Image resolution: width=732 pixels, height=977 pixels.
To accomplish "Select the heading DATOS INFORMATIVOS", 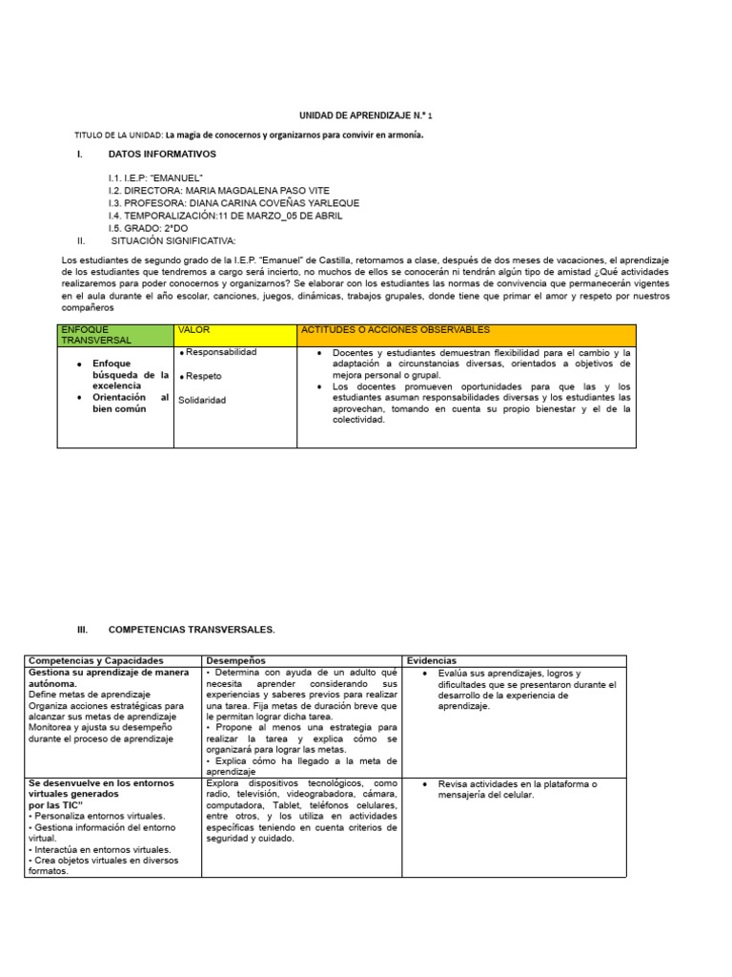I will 162,154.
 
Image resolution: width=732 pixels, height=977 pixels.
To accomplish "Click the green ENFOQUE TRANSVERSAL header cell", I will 114,335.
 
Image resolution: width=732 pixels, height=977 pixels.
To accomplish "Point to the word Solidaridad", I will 202,400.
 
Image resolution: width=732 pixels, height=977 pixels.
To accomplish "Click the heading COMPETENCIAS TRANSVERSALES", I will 192,630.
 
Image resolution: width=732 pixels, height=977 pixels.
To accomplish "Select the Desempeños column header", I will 236,660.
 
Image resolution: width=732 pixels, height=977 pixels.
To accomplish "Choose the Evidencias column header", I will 432,660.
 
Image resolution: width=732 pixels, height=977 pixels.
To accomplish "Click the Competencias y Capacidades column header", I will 96,660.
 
